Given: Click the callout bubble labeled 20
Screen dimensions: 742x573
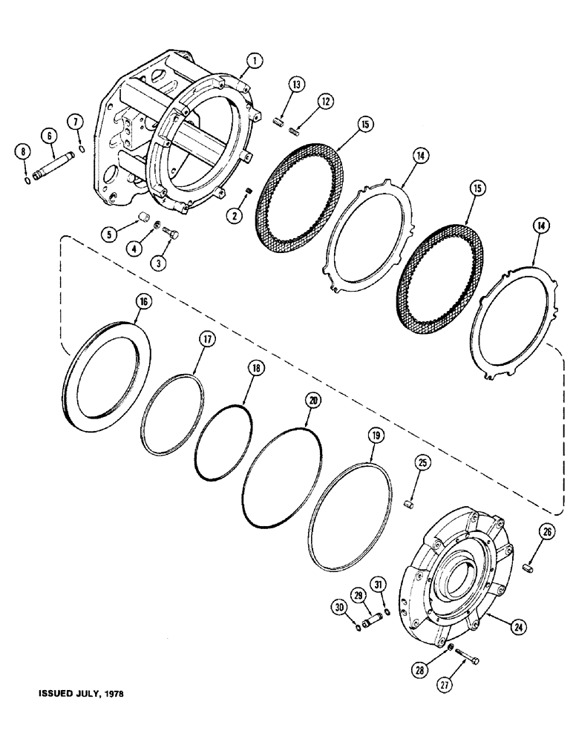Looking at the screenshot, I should click(312, 400).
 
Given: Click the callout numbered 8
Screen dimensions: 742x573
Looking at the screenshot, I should click(22, 151).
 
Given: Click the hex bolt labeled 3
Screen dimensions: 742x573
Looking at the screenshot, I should click(171, 235).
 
